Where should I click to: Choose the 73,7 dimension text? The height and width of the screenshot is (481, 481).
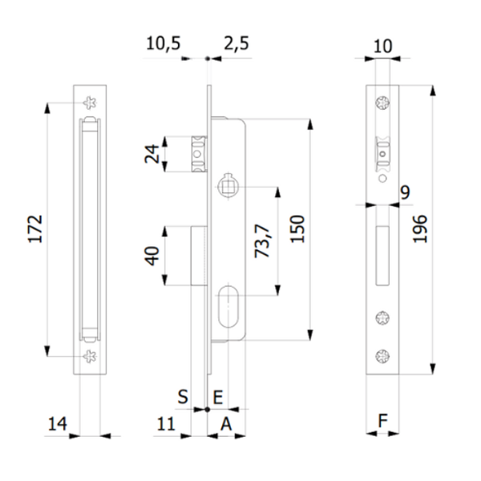(261, 240)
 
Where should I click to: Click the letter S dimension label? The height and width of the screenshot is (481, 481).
(183, 395)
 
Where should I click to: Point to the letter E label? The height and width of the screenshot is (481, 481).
(218, 395)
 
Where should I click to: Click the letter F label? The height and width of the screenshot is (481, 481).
(382, 421)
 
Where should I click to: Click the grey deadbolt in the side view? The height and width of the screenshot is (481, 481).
(200, 256)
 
